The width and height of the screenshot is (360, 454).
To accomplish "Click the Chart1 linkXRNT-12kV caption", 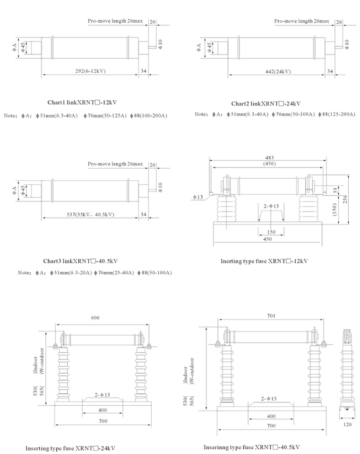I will click(x=82, y=102).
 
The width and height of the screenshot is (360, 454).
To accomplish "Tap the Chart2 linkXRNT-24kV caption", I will click(x=266, y=103).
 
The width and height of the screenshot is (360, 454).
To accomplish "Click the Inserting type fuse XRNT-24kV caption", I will click(x=70, y=448).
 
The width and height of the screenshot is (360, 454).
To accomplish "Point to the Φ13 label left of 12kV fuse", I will click(x=197, y=197).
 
